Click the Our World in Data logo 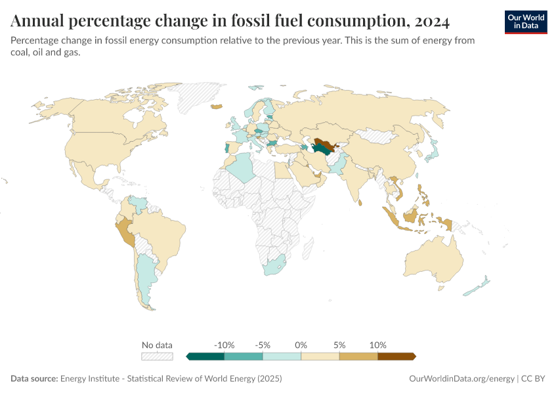point(525,22)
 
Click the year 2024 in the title point(431,22)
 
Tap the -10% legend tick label point(224,345)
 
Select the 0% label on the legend point(301,345)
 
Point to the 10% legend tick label point(378,345)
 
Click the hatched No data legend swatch point(158,357)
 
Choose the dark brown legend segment point(397,357)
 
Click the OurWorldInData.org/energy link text point(461,379)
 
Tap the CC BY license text point(534,379)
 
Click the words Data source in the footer point(34,379)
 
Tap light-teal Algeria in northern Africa point(240,168)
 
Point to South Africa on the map point(274,267)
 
